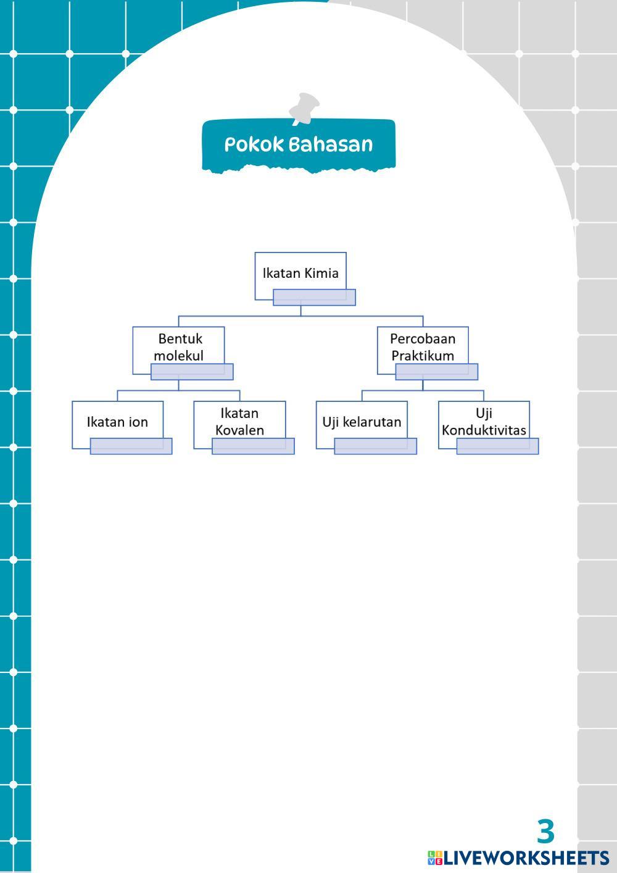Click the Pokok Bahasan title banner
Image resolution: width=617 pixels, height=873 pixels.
coord(299,144)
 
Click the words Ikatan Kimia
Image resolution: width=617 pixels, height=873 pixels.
coord(300,273)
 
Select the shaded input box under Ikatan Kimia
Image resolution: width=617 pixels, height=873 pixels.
coord(314,298)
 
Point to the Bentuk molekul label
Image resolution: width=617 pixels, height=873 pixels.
coord(179,347)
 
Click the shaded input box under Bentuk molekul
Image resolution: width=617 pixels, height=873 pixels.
coord(192,372)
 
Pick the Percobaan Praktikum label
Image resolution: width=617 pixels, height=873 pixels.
coord(423,347)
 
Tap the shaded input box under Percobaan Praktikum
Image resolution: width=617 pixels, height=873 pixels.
coord(436,372)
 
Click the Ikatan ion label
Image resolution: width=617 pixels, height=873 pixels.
coord(117,422)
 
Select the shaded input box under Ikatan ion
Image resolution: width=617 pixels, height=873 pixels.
coord(131,446)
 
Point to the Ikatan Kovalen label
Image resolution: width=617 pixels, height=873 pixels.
coord(239,422)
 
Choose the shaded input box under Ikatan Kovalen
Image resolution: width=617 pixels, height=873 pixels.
coord(253,446)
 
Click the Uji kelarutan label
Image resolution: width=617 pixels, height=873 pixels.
coord(362,422)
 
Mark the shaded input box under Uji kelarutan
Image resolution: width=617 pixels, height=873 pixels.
coord(375,446)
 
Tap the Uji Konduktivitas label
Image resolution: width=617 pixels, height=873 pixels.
coord(484,422)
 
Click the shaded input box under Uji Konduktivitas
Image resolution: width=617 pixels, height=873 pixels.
coord(497,446)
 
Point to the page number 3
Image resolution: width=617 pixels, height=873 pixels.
coord(545,832)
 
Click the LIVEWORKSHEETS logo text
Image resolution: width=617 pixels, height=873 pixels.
coord(526,858)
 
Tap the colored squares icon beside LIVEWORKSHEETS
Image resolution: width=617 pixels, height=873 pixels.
coord(435,858)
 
